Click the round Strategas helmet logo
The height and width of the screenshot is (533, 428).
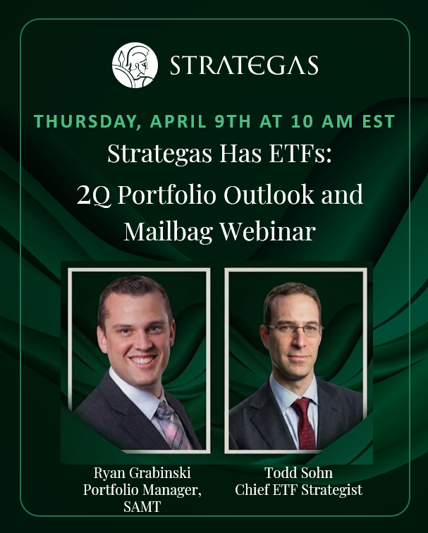(x=134, y=66)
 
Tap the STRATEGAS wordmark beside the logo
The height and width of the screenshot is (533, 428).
(x=244, y=66)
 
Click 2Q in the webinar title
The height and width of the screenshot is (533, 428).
(x=91, y=194)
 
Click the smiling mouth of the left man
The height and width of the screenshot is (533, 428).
(x=143, y=359)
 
